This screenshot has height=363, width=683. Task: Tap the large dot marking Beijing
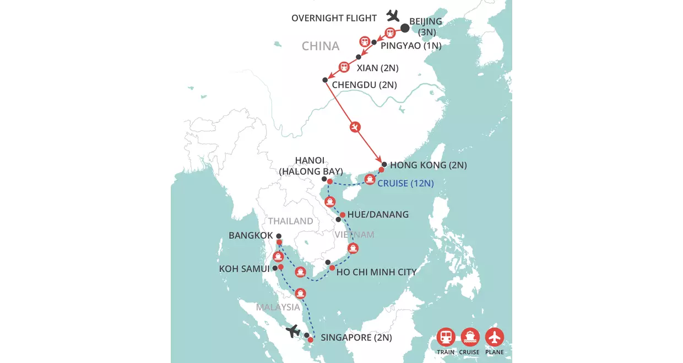pyautogui.click(x=405, y=28)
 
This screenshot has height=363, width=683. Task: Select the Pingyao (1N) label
pyautogui.click(x=411, y=46)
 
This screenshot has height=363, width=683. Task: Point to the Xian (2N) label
pyautogui.click(x=377, y=68)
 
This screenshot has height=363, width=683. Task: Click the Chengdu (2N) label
pyautogui.click(x=364, y=85)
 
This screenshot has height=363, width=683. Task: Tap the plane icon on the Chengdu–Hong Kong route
pyautogui.click(x=356, y=127)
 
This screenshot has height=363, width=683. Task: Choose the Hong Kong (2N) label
pyautogui.click(x=428, y=165)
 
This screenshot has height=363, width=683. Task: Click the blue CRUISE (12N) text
pyautogui.click(x=405, y=183)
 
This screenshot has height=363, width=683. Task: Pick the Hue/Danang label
pyautogui.click(x=378, y=214)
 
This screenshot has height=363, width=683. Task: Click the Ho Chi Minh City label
pyautogui.click(x=376, y=272)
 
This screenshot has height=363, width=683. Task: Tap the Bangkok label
pyautogui.click(x=251, y=236)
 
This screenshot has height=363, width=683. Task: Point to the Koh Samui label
pyautogui.click(x=244, y=269)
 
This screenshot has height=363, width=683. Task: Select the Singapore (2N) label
pyautogui.click(x=356, y=338)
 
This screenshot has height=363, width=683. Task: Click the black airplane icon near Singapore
pyautogui.click(x=293, y=331)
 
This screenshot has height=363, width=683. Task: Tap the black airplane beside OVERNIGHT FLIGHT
pyautogui.click(x=393, y=15)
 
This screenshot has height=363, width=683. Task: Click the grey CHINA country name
pyautogui.click(x=321, y=46)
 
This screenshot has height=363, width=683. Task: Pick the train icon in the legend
pyautogui.click(x=446, y=337)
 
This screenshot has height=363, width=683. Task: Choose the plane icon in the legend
pyautogui.click(x=495, y=337)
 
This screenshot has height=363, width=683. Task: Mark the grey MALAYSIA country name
pyautogui.click(x=278, y=307)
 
